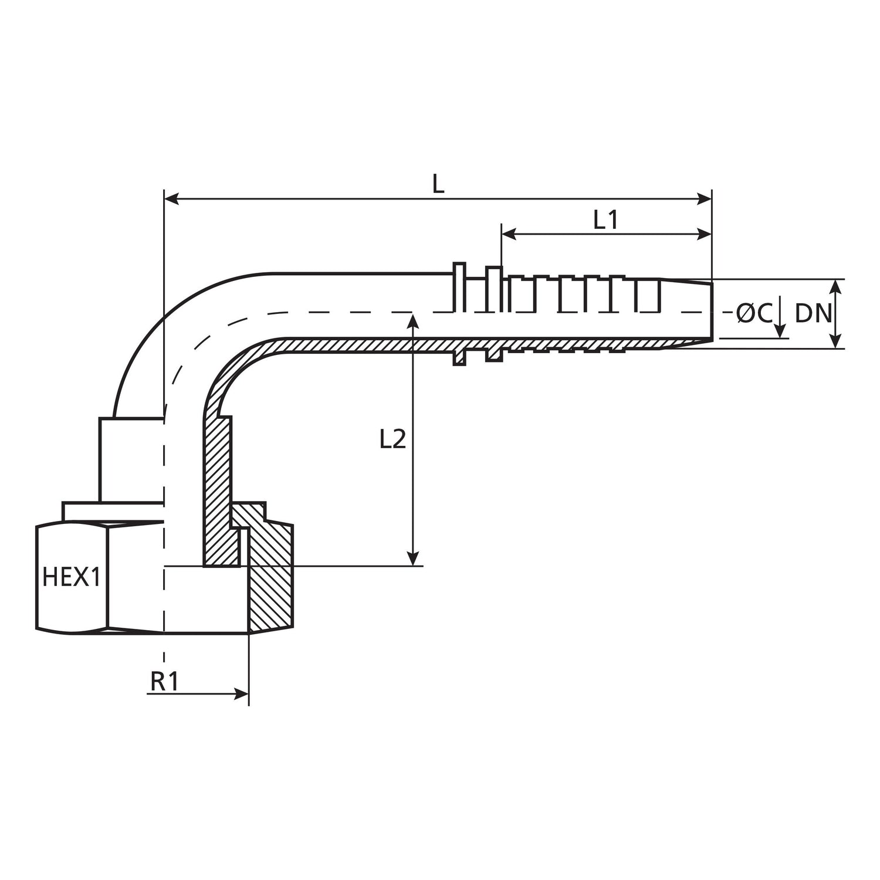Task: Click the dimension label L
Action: coord(438,184)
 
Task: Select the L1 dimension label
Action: coord(605,221)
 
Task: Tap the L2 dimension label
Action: coord(392,439)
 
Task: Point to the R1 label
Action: coord(164,682)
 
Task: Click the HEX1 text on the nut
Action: coord(72,577)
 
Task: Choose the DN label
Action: coord(813,314)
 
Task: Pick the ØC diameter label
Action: coord(754,314)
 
